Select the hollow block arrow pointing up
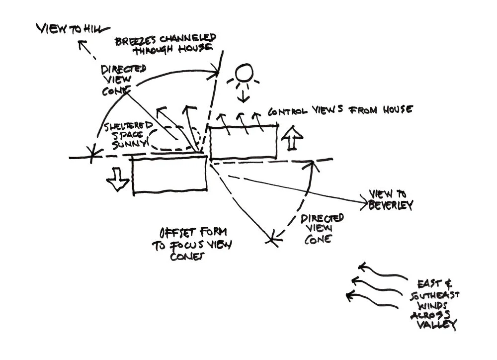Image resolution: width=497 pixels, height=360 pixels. pos(292,137)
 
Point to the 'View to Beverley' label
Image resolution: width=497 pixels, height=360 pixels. pos(391,199)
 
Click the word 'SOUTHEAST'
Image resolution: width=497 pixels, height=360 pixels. pos(435,295)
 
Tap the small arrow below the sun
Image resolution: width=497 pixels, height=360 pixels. pos(243,96)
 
